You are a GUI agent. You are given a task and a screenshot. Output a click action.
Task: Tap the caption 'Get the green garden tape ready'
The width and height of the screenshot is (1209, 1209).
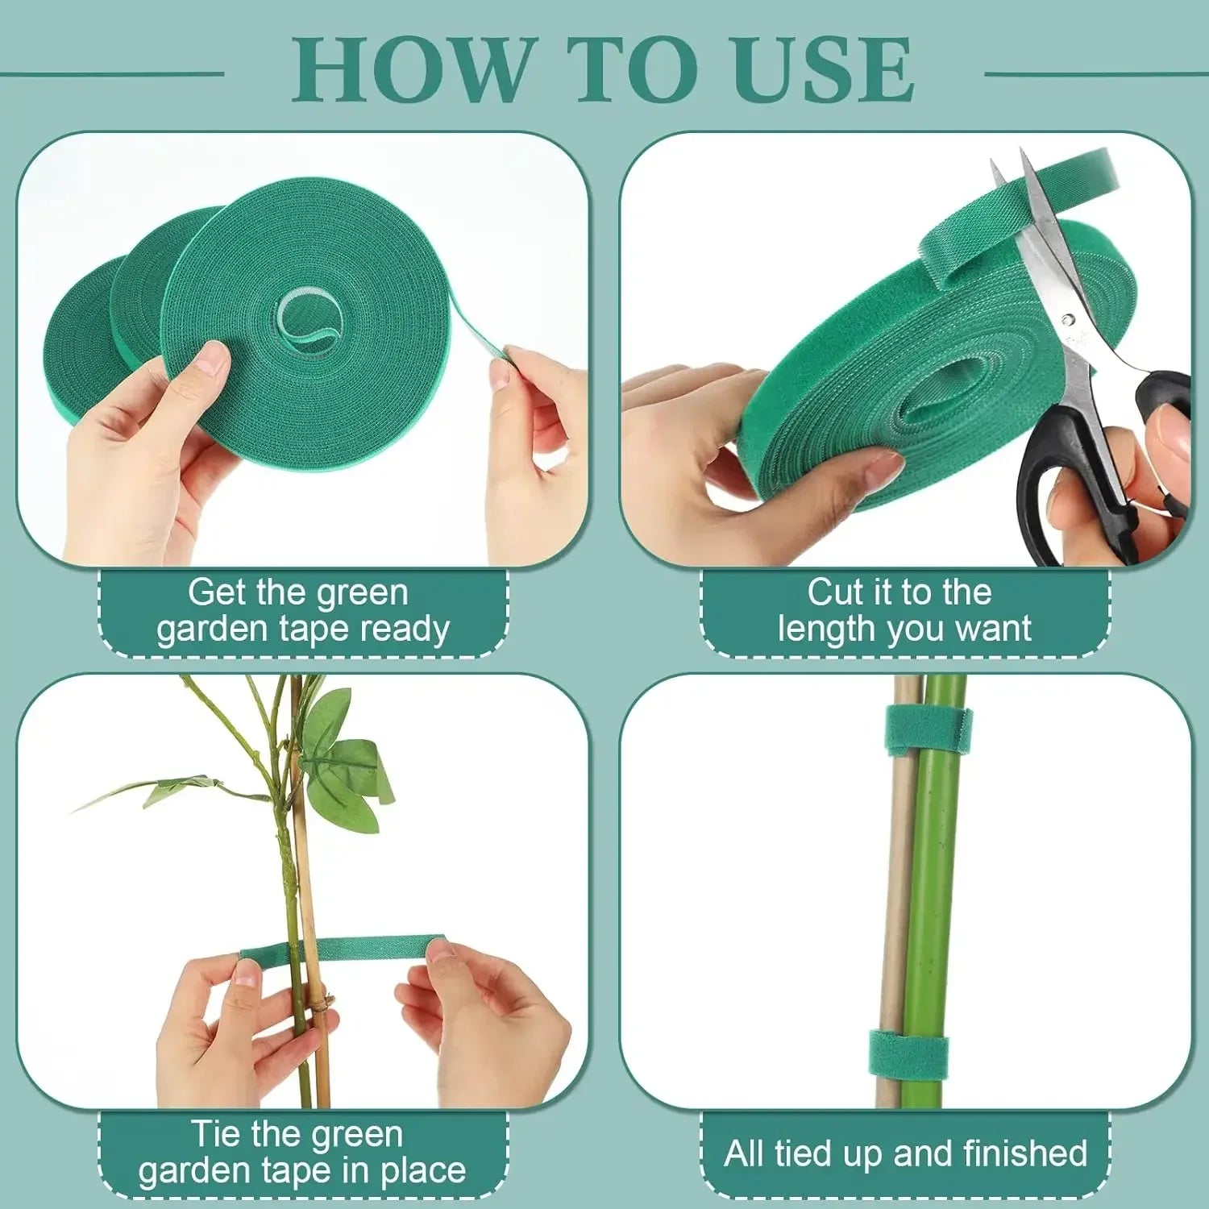coord(302,611)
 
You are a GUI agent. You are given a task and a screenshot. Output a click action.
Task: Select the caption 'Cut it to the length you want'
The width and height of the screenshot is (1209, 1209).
coord(903,611)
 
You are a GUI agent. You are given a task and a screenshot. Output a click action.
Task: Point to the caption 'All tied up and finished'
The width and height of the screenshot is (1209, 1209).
coord(905,1153)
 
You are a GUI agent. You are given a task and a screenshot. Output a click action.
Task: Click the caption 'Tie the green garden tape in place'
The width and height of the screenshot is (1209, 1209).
coord(302,1153)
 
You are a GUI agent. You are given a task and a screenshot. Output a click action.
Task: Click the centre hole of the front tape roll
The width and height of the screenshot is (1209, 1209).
coord(310,322)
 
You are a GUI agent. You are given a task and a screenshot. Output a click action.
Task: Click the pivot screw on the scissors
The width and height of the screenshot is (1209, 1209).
coord(1069,321)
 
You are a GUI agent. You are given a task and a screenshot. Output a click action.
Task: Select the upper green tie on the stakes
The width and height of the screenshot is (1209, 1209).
coord(928,730)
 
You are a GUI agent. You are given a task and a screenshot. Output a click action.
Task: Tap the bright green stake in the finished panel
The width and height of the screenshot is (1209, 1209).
coord(935,887)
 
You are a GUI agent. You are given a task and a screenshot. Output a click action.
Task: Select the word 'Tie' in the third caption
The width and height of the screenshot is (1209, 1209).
coord(216,1134)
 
